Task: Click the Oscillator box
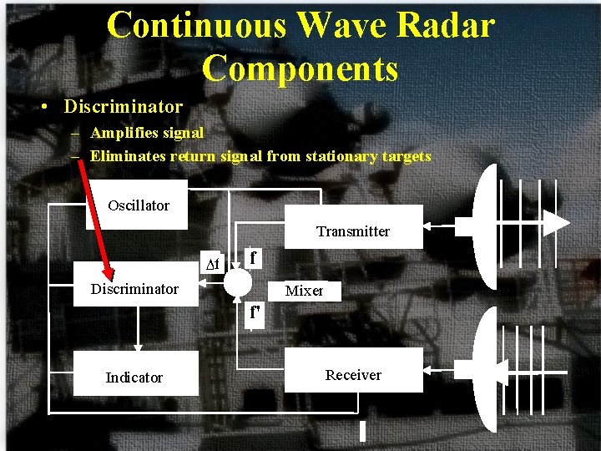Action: point(138,205)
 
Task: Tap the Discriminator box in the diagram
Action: point(136,289)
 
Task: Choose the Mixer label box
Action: point(304,291)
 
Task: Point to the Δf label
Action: point(213,265)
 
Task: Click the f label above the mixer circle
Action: point(253,257)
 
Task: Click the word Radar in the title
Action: point(446,25)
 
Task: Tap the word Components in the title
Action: point(300,68)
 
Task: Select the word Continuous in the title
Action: point(197,25)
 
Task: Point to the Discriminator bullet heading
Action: point(123,107)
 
